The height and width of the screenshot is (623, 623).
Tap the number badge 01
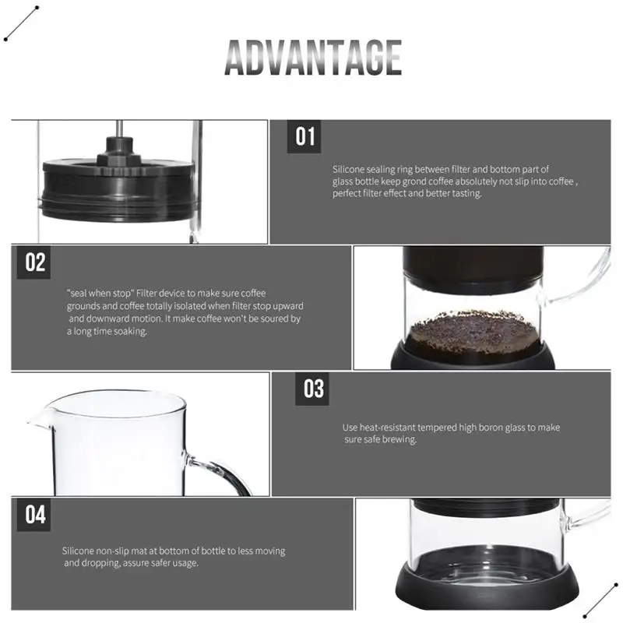[305, 136]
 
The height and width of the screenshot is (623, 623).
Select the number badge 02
[36, 262]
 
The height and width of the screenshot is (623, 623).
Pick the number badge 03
[314, 388]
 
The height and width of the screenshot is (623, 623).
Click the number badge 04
[36, 515]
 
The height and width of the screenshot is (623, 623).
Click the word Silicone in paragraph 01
[347, 169]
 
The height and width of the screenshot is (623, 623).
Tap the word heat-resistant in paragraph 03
[388, 428]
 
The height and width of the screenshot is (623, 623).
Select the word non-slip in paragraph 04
[115, 551]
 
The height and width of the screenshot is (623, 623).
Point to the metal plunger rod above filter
[118, 129]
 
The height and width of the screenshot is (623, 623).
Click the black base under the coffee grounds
[473, 355]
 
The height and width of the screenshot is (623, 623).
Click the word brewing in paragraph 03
[401, 440]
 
